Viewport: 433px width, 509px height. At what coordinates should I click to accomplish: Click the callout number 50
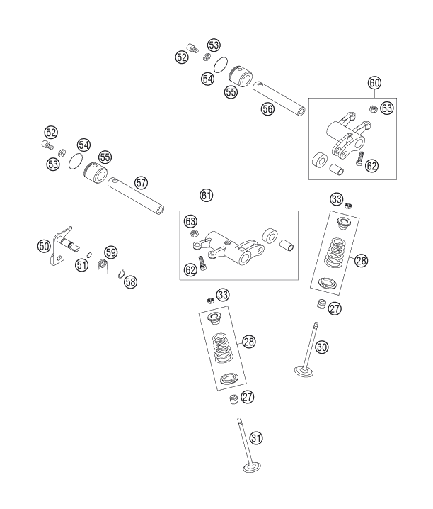pos(44,246)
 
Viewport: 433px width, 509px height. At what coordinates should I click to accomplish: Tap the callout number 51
pos(81,265)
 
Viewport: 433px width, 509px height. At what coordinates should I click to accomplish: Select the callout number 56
pos(267,109)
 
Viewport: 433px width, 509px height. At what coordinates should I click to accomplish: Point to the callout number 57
pos(141,183)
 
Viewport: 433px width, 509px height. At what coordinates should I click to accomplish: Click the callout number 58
pos(130,282)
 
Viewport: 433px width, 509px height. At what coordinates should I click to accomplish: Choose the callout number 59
pos(111,252)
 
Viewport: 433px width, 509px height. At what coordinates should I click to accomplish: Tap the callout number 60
pos(374,83)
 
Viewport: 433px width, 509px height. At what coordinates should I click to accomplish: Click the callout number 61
pos(207,196)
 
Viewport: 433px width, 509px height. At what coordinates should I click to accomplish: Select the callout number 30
pos(322,347)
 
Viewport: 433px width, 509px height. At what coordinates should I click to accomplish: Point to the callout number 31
pos(256,438)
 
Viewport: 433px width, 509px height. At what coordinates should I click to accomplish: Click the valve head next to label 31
pos(252,468)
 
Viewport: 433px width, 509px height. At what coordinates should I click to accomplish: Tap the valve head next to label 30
pos(304,371)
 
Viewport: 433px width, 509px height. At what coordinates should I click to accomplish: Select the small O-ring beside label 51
pos(90,254)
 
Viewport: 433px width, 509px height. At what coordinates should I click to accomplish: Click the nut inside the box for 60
pos(374,108)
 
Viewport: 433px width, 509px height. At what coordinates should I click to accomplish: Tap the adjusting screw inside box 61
pos(202,262)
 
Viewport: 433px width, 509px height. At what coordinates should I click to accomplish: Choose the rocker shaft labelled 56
pos(279,99)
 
